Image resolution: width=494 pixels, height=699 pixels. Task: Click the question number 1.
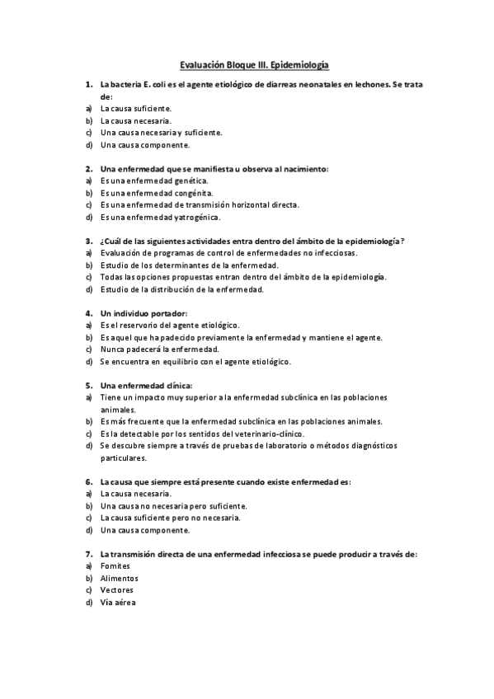(x=88, y=84)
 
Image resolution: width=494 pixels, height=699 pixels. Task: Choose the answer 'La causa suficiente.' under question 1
(x=136, y=108)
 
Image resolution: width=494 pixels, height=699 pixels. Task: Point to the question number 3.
(x=88, y=241)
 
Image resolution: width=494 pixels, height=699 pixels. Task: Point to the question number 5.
(x=88, y=385)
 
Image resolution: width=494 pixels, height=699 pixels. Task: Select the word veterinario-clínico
(x=267, y=433)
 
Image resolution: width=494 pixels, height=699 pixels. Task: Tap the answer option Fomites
(x=115, y=566)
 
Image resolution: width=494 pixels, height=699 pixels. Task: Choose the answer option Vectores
(x=116, y=590)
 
